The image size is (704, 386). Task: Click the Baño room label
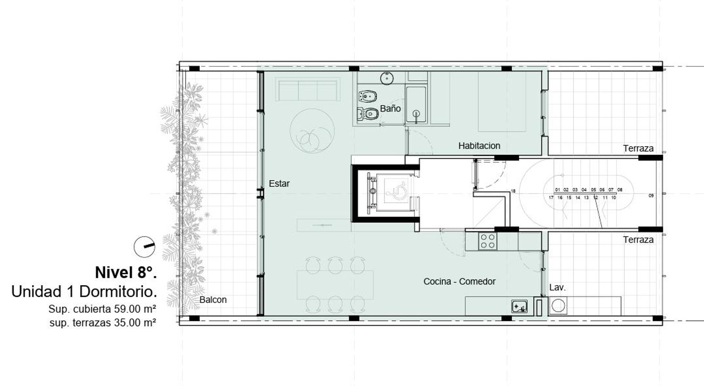click(x=390, y=109)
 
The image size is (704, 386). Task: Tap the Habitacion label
click(x=479, y=146)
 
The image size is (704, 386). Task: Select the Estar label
click(x=279, y=183)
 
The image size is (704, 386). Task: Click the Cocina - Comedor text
click(x=459, y=281)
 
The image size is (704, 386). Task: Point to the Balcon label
click(x=213, y=300)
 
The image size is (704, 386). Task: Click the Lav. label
click(x=557, y=288)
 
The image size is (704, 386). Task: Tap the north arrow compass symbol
click(x=144, y=247)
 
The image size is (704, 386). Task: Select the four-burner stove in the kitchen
click(x=488, y=241)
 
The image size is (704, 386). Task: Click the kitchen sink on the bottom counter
click(x=520, y=306)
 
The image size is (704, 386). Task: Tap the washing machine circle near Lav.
click(x=558, y=306)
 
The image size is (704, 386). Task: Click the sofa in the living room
click(x=308, y=89)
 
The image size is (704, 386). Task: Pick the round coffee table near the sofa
click(x=312, y=130)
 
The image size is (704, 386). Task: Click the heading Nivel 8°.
click(x=126, y=273)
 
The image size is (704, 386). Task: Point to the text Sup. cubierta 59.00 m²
click(x=102, y=309)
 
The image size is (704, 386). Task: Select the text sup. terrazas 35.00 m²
click(x=103, y=323)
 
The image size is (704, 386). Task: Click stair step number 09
click(x=651, y=196)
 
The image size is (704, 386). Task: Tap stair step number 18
click(x=513, y=191)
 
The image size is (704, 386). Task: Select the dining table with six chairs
click(x=335, y=285)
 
